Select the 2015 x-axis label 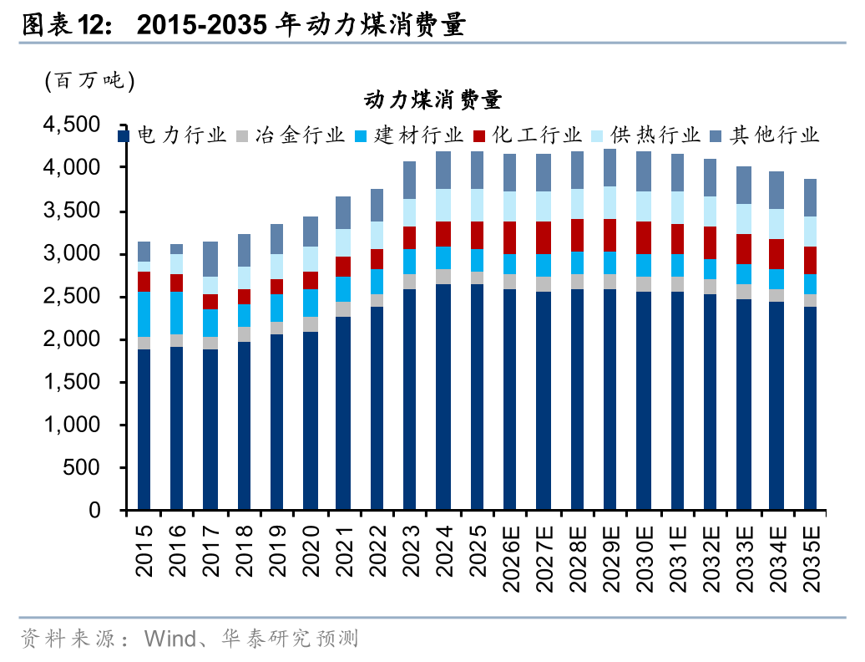coord(144,553)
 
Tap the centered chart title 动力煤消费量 coord(432,101)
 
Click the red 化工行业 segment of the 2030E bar coord(643,237)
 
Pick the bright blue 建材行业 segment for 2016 coord(177,313)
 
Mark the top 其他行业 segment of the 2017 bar coord(210,259)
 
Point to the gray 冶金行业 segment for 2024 coord(443,277)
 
